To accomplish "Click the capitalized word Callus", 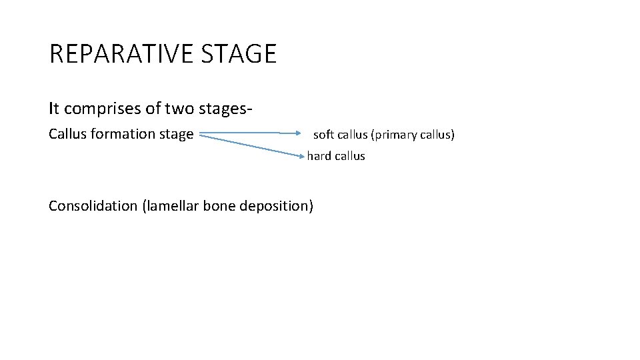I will pyautogui.click(x=68, y=134).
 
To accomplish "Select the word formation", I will pyautogui.click(x=123, y=134).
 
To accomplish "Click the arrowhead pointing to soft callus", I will pyautogui.click(x=299, y=133).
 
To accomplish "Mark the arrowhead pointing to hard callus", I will pyautogui.click(x=302, y=155).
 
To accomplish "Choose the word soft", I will pyautogui.click(x=323, y=135).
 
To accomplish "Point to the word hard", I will pyautogui.click(x=319, y=156).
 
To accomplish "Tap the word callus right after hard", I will pyautogui.click(x=350, y=156).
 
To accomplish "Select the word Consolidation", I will pyautogui.click(x=93, y=205).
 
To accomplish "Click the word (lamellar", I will pyautogui.click(x=171, y=205).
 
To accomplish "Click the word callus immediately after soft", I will pyautogui.click(x=352, y=135).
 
